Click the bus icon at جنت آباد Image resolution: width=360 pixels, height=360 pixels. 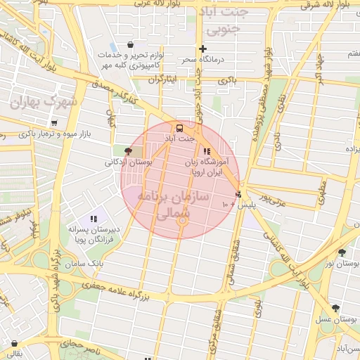[x=180, y=128]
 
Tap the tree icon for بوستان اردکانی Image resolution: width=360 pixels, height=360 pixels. [x=127, y=150]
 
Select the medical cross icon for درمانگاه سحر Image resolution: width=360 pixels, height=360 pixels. [x=202, y=49]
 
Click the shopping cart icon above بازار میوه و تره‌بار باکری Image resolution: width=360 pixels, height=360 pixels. [x=54, y=123]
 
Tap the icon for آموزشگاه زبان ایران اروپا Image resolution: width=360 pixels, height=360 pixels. [x=206, y=150]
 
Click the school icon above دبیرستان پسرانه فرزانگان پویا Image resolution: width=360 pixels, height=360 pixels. [x=94, y=219]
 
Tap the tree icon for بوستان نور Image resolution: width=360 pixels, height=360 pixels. [x=342, y=252]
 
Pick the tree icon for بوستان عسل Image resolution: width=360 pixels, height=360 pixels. [x=335, y=308]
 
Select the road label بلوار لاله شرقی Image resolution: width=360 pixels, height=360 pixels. [x=325, y=5]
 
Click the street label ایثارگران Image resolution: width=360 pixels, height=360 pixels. [x=161, y=79]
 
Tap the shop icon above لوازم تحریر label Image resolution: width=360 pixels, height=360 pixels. [x=130, y=44]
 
